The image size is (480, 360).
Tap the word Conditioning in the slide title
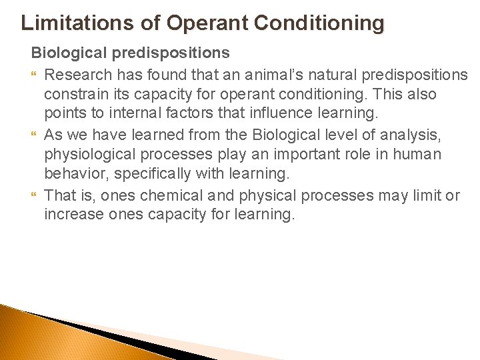[321, 23]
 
